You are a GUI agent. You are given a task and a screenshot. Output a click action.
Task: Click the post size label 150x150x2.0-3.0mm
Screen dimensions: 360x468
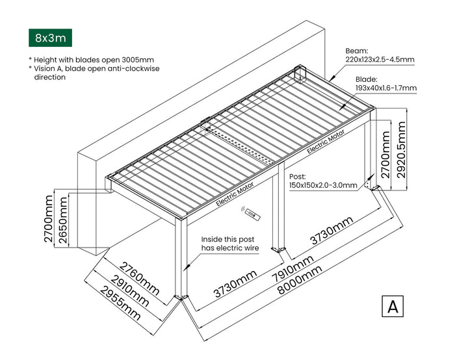(x=323, y=185)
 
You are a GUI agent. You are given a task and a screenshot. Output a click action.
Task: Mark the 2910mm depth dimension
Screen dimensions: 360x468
(x=127, y=290)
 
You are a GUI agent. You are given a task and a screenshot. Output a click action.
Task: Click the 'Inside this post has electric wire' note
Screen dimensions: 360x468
(x=230, y=244)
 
